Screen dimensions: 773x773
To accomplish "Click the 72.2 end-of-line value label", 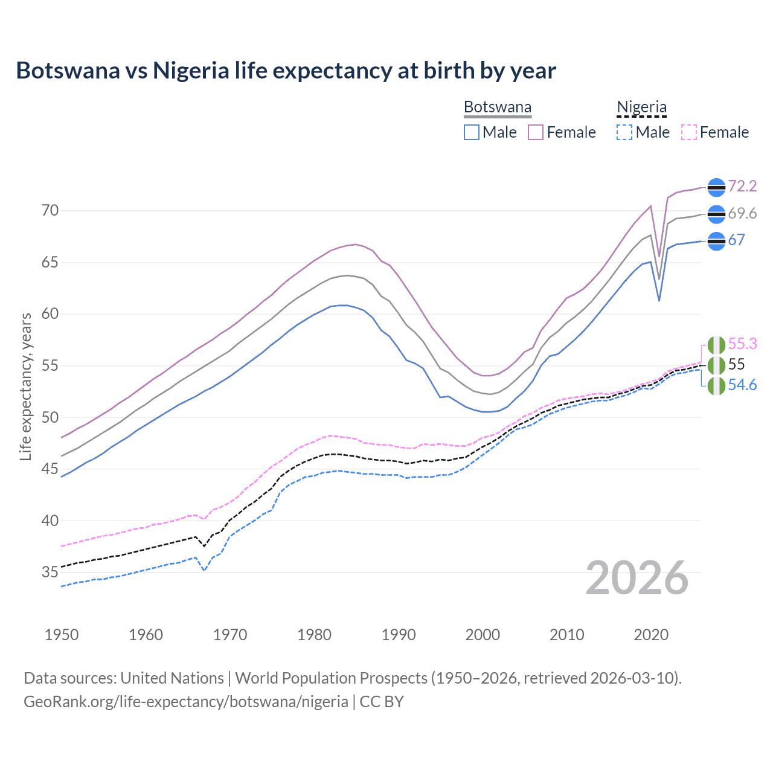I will (742, 186).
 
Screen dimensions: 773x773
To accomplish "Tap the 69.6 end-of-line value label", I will (742, 213).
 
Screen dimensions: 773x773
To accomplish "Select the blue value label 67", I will (736, 240).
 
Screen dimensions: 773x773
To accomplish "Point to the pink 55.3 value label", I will (742, 344).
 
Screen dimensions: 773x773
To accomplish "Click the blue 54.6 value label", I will (742, 385).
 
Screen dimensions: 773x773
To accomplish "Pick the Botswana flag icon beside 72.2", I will (716, 188).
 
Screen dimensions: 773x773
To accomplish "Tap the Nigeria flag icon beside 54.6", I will (716, 386).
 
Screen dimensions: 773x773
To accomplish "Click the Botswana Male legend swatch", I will (472, 132).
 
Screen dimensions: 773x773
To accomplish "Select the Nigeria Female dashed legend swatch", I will (689, 132).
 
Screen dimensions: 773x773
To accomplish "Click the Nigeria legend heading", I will (641, 107).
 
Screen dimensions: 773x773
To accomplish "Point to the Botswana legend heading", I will (498, 107).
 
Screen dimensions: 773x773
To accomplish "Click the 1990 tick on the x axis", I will (399, 635).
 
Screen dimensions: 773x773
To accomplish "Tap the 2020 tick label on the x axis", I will (651, 635).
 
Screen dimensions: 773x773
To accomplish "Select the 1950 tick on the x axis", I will (62, 635).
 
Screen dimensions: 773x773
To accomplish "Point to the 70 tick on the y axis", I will (50, 211).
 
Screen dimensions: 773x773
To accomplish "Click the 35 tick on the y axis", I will (50, 572).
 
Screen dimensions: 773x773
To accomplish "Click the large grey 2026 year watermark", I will (637, 578).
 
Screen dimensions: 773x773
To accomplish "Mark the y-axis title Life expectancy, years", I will (25, 386).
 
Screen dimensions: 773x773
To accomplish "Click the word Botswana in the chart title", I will (68, 71).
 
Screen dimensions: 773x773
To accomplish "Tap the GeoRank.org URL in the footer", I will (185, 702).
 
